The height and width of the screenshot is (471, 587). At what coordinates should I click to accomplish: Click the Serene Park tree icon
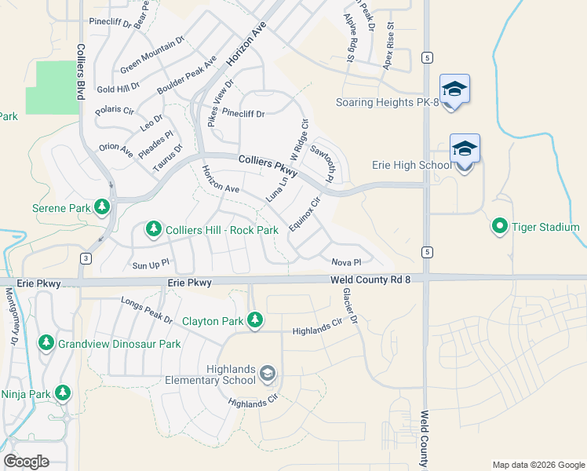[101, 207]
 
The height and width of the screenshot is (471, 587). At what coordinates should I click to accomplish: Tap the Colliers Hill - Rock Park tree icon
[154, 229]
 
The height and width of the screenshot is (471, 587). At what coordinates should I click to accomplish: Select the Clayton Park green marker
[254, 319]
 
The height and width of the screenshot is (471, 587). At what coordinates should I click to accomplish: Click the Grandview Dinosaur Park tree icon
[46, 343]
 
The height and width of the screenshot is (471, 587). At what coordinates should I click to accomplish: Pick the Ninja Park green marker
[62, 392]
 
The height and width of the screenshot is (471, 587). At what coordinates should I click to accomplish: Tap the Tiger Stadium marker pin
[499, 227]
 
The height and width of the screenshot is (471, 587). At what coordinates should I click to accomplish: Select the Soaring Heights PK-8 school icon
[454, 89]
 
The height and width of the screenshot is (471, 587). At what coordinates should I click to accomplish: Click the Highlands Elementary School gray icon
[268, 373]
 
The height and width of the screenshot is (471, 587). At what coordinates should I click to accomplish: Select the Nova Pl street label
[345, 262]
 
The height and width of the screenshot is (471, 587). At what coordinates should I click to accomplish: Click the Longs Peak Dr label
[147, 310]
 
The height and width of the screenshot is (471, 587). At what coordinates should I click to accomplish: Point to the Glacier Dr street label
[349, 306]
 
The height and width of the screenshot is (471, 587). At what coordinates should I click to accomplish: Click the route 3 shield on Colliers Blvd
[86, 258]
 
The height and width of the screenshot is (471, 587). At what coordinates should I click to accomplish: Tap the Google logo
[26, 462]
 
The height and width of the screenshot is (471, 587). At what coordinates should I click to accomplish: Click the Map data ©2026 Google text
[538, 465]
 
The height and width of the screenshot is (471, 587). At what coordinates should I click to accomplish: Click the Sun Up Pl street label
[151, 265]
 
